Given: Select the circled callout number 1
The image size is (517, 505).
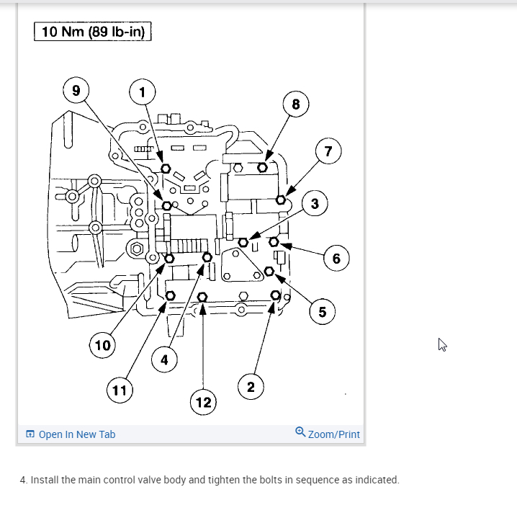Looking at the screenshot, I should (142, 91).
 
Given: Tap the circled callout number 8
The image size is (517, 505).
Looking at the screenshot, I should (295, 104).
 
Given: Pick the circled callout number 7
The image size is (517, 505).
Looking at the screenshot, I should (328, 151).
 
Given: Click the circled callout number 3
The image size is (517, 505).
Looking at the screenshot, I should (315, 204).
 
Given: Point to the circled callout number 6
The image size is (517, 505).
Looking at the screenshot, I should (336, 258).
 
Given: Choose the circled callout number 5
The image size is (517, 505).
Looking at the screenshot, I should (322, 311).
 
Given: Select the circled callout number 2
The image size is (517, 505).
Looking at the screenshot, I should (250, 388).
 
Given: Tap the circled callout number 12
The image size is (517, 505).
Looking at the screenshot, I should (204, 401).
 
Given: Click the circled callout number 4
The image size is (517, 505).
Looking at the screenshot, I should (164, 359).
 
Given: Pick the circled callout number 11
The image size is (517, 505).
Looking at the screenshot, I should (119, 390).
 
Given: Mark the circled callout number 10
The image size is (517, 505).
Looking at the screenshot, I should (102, 345).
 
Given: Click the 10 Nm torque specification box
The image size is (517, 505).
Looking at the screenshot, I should (93, 32).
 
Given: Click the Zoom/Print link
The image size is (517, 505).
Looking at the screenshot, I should (328, 434).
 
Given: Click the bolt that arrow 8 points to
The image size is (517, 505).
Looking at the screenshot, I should (263, 167).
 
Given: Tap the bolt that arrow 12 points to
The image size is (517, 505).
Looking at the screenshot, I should (202, 297).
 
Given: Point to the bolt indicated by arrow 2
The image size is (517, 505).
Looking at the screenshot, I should (276, 295).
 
